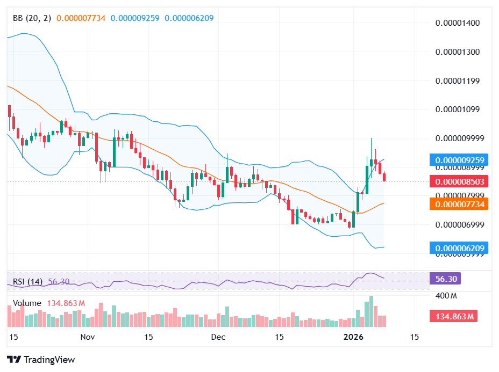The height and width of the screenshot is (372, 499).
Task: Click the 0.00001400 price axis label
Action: point(457,23)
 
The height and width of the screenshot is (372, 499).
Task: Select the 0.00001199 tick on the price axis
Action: point(457,81)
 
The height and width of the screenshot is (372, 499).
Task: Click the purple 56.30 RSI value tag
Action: point(445,279)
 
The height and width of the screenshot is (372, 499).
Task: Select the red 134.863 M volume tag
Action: point(453,316)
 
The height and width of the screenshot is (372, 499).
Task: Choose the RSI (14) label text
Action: point(27,281)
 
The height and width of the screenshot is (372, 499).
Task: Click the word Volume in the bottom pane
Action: point(27,303)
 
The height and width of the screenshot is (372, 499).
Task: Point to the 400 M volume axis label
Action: point(446,296)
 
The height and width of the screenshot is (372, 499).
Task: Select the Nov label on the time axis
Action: point(87,337)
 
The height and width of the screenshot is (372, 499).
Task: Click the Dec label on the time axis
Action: point(218,337)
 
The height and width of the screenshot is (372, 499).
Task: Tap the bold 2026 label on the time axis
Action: point(354,337)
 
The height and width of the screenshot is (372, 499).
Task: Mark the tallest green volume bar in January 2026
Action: point(371,311)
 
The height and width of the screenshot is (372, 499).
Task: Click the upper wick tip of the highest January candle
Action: point(371,138)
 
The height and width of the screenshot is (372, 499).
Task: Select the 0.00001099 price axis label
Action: point(457,110)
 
